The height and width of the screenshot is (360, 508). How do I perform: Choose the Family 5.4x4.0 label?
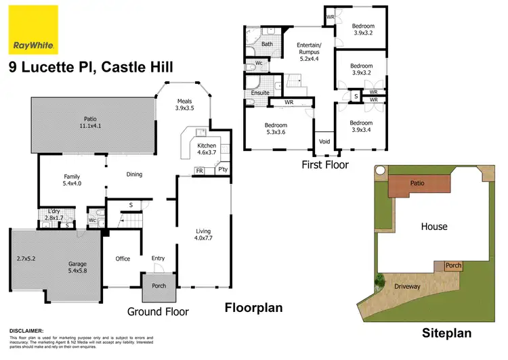pos(71,179)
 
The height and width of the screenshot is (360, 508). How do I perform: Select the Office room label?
pos(122,258)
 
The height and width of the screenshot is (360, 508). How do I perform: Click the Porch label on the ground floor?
pos(159,286)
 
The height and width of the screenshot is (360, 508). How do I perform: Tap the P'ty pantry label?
pos(221,171)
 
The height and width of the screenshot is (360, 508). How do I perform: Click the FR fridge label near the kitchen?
pos(200,171)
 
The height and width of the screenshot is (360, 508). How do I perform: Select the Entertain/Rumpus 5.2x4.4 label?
pos(313,51)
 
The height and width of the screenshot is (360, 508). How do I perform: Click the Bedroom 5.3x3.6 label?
pos(276,129)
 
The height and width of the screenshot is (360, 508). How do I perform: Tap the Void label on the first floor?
pos(324,142)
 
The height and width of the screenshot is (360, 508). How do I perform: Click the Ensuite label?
pos(260,93)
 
